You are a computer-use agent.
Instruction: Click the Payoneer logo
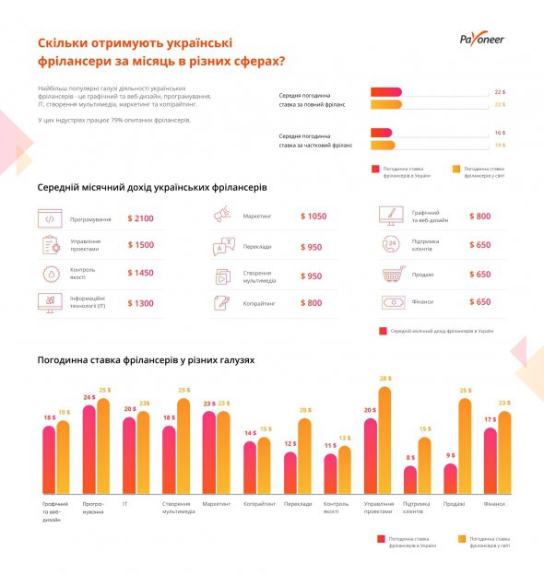pyautogui.click(x=482, y=39)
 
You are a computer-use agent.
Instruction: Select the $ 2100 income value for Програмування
pyautogui.click(x=141, y=219)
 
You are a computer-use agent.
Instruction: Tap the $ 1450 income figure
pyautogui.click(x=141, y=274)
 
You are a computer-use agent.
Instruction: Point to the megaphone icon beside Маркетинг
pyautogui.click(x=221, y=216)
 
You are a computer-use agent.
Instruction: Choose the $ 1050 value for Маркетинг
pyautogui.click(x=313, y=216)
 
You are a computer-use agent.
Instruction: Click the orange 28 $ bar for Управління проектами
pyautogui.click(x=384, y=442)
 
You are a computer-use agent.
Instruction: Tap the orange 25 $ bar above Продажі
pyautogui.click(x=464, y=448)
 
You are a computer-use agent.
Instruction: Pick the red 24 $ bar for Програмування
pyautogui.click(x=89, y=451)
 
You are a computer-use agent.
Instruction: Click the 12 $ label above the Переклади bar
pyautogui.click(x=290, y=444)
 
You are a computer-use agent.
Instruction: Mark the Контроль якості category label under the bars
pyautogui.click(x=337, y=508)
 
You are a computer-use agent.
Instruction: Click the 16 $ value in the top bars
pyautogui.click(x=500, y=133)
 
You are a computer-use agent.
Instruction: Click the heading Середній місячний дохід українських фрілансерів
pyautogui.click(x=152, y=187)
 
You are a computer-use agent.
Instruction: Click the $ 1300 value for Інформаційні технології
pyautogui.click(x=141, y=303)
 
